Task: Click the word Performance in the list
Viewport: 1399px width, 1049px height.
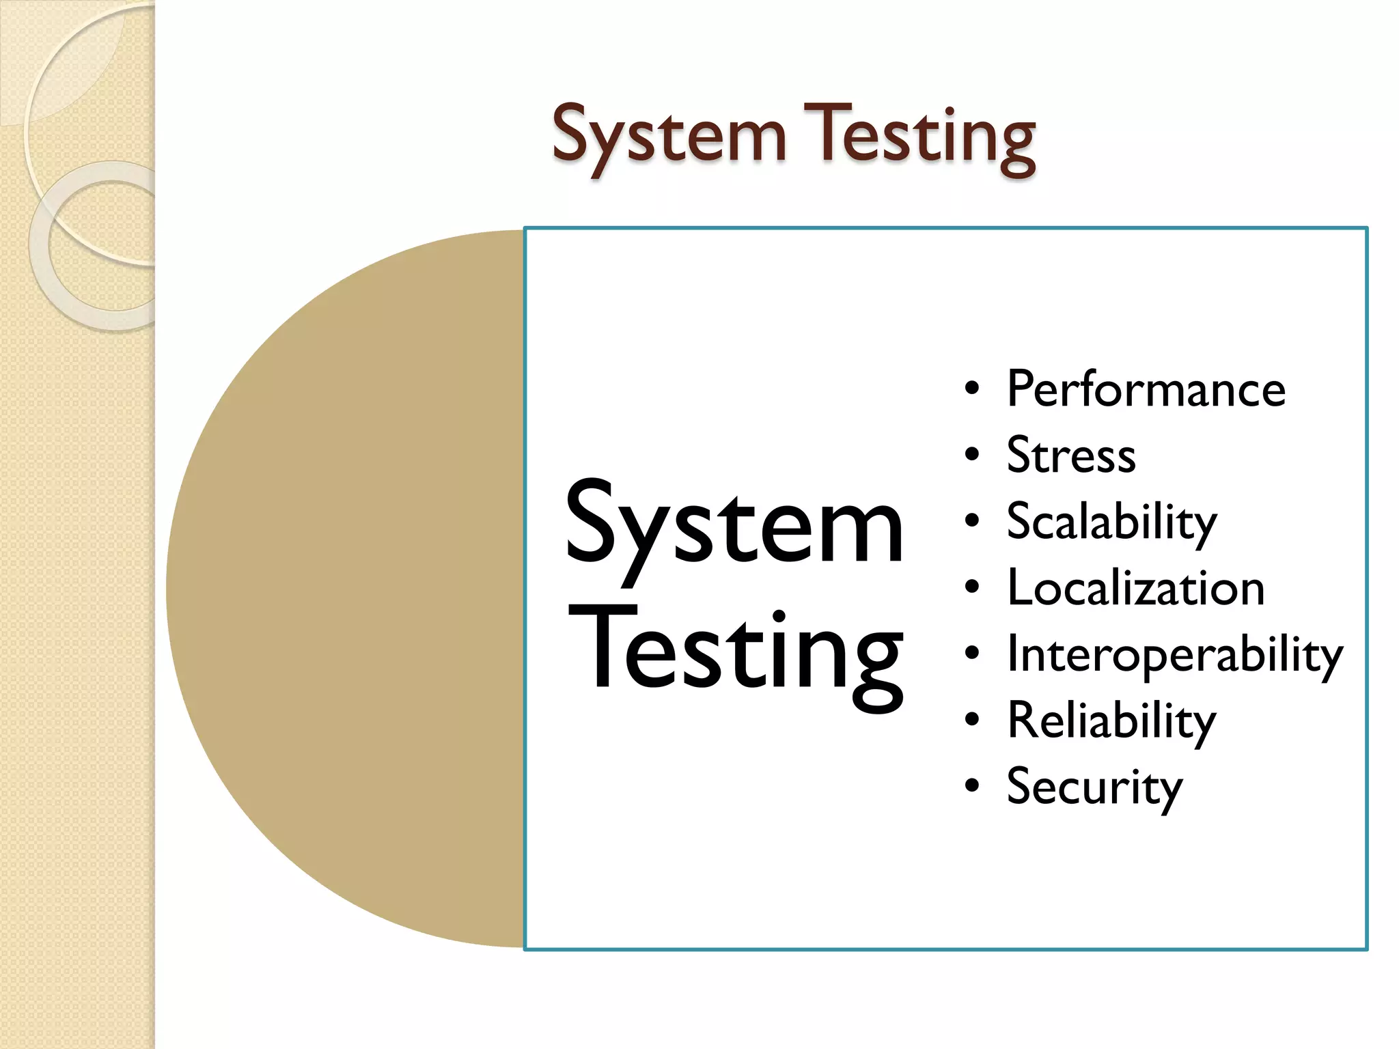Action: pos(1146,389)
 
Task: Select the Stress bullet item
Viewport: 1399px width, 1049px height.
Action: pos(1070,456)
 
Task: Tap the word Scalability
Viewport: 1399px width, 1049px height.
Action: pos(1111,522)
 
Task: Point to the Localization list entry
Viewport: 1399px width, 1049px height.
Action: pos(1135,588)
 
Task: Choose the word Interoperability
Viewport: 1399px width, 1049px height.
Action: pos(1174,654)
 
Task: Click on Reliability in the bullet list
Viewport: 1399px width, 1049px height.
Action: pos(1111,721)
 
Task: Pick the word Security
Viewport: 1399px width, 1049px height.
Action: pos(1094,787)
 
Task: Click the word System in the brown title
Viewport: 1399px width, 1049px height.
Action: pos(669,137)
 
